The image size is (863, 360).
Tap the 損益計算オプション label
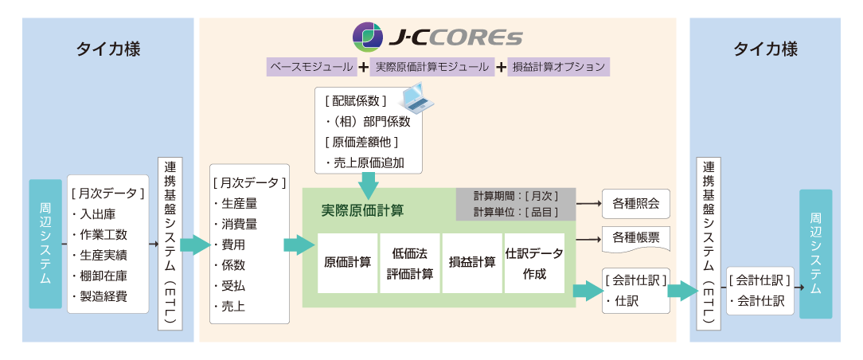pos(558,67)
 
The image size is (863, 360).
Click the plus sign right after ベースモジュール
pos(363,67)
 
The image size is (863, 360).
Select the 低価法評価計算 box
pos(410,263)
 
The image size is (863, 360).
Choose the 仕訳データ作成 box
pos(534,263)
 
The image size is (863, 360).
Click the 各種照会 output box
pos(635,204)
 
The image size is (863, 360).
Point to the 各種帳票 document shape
pos(635,237)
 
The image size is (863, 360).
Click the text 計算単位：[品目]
pos(515,211)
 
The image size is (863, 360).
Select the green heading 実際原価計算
pos(362,211)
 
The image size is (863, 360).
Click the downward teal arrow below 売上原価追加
pos(368,188)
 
